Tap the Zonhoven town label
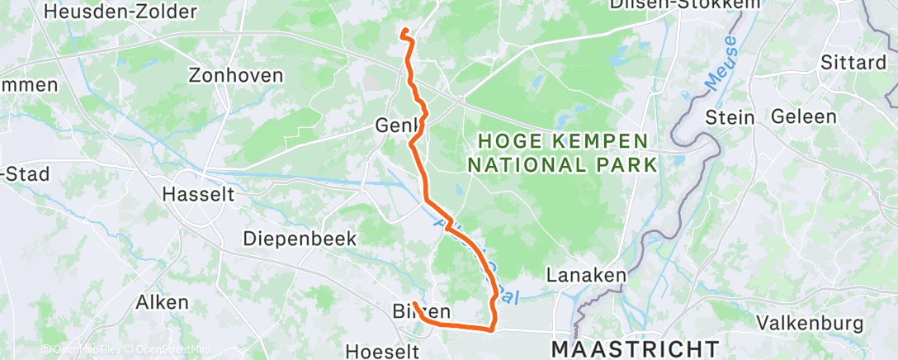(236, 75)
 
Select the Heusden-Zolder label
(121, 12)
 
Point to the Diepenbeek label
(300, 239)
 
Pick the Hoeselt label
(376, 349)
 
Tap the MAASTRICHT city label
(635, 348)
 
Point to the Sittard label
(853, 63)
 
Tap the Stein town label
(730, 117)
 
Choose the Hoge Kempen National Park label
(563, 153)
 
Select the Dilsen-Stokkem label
(673, 5)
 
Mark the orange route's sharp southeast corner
(492, 329)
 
